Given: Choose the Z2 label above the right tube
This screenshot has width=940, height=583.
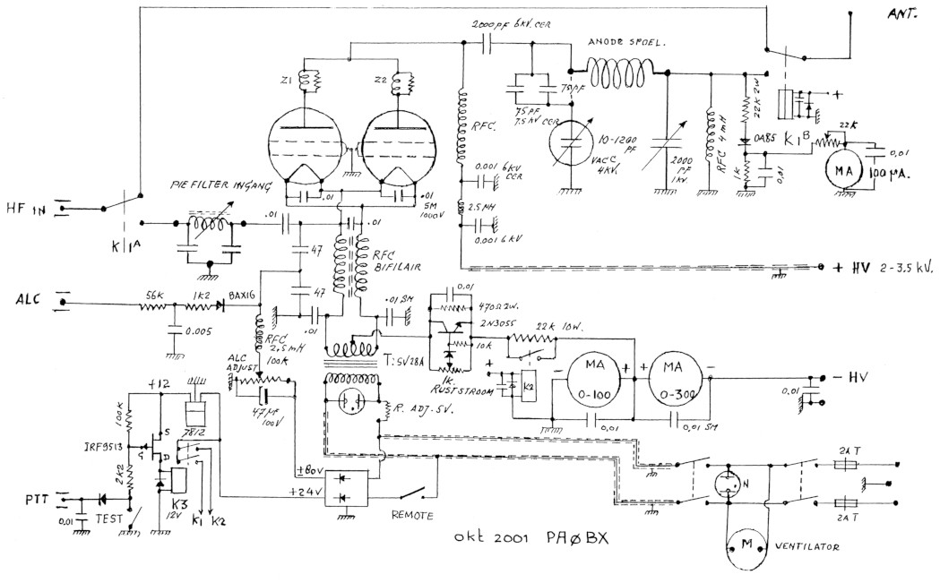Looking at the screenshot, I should point(382,81).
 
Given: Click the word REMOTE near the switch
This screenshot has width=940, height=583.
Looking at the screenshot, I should point(412,516).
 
